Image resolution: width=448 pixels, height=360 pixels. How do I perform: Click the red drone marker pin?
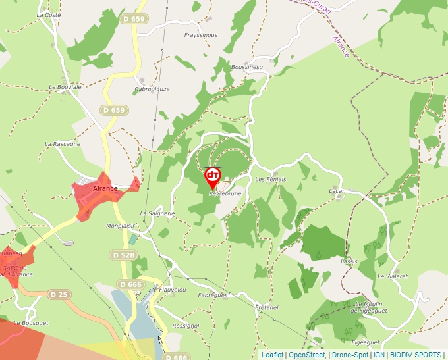(213, 177)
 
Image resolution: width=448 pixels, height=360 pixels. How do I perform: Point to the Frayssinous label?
(200, 35)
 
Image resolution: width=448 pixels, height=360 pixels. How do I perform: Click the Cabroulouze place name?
(152, 89)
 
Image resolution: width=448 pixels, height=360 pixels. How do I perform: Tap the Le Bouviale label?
(65, 86)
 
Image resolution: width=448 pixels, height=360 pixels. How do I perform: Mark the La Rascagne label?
(63, 143)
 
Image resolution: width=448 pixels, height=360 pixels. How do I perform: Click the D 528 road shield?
(123, 255)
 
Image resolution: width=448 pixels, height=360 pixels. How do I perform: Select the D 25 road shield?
(58, 294)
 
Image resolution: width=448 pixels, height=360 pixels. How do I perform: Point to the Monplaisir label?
(120, 225)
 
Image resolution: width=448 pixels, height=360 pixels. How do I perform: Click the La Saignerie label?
(157, 213)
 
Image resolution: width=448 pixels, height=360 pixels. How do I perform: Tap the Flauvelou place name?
(173, 289)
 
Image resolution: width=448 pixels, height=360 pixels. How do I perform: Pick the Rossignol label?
(185, 326)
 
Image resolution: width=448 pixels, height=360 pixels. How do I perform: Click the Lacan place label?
(337, 191)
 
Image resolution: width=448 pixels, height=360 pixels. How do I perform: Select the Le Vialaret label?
(393, 276)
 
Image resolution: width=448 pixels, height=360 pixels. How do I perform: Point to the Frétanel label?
(266, 307)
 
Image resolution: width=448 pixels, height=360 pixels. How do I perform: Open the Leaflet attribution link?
(272, 355)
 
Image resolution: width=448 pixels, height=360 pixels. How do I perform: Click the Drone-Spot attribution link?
(350, 355)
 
